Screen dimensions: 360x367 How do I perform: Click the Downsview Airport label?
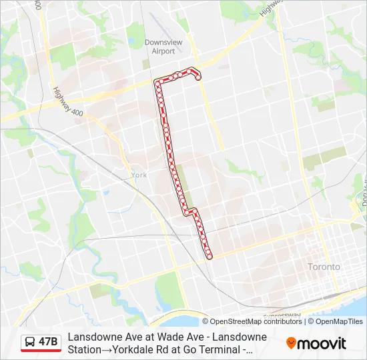click(163, 47)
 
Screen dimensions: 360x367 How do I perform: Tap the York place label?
click(139, 175)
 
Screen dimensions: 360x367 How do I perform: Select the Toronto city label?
click(324, 267)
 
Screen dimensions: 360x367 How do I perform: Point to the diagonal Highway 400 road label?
click(69, 103)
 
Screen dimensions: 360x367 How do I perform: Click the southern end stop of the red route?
click(210, 256)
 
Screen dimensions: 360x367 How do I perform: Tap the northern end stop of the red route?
click(198, 77)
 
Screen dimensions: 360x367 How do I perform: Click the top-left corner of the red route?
click(157, 82)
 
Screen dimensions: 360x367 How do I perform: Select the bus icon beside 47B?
click(29, 342)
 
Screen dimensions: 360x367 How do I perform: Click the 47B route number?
click(48, 342)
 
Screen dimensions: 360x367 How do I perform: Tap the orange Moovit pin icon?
click(291, 343)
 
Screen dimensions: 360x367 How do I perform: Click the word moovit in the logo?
click(322, 343)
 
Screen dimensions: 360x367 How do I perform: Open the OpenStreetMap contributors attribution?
click(256, 321)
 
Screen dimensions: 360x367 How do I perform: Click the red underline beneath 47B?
click(41, 351)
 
